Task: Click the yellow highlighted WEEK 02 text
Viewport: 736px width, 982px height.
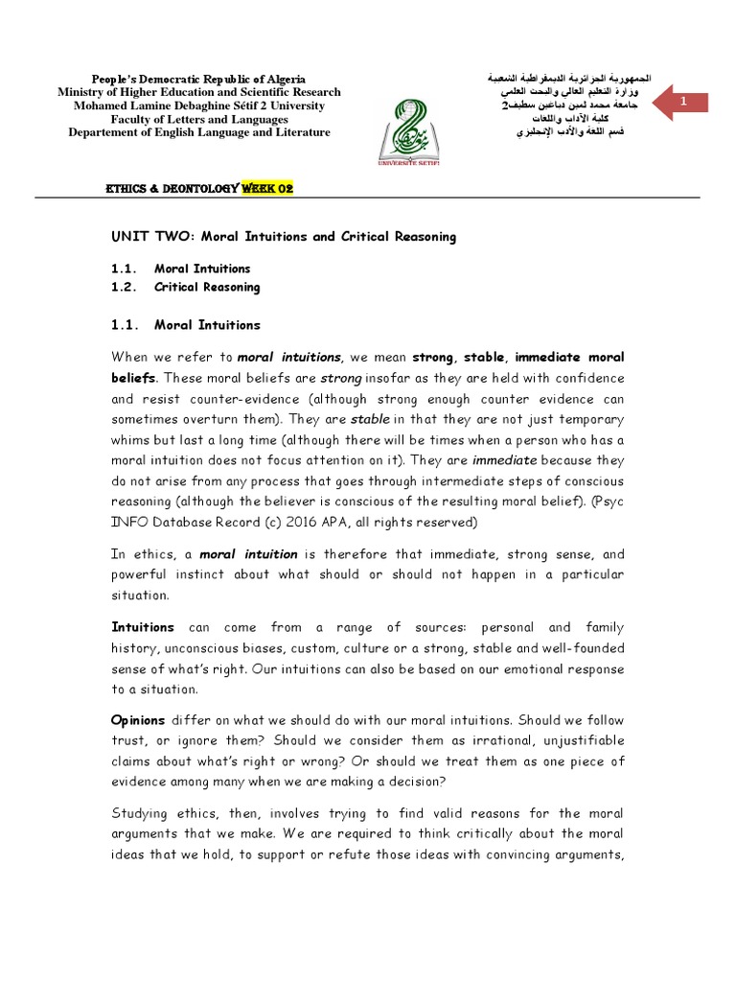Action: tap(266, 189)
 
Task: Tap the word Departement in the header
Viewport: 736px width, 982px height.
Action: tap(103, 132)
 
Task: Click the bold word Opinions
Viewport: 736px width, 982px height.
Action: tap(139, 719)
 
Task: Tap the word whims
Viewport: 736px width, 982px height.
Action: tap(131, 439)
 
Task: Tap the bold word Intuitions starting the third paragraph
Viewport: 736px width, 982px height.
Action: tap(143, 626)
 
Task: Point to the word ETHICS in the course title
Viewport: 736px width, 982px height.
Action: tap(126, 189)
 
